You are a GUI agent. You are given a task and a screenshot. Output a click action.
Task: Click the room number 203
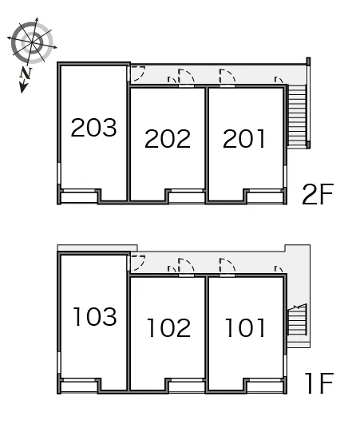pyautogui.click(x=93, y=128)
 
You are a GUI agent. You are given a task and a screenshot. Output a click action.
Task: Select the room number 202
pyautogui.click(x=168, y=139)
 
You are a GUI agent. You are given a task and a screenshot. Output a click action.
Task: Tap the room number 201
pyautogui.click(x=243, y=139)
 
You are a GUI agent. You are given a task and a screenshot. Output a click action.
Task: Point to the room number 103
pyautogui.click(x=95, y=316)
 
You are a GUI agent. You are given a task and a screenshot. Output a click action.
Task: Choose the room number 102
pyautogui.click(x=169, y=327)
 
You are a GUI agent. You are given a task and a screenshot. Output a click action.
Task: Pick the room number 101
pyautogui.click(x=245, y=327)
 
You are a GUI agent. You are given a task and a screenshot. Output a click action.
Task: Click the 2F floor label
pyautogui.click(x=318, y=194)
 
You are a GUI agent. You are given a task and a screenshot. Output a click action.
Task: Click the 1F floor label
pyautogui.click(x=319, y=383)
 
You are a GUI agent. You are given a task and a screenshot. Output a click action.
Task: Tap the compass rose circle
pyautogui.click(x=32, y=43)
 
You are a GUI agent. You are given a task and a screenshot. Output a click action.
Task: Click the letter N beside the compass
pyautogui.click(x=26, y=73)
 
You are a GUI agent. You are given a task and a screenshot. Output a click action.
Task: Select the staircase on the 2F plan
pyautogui.click(x=297, y=116)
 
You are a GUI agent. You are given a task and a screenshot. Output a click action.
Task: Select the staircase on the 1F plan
pyautogui.click(x=297, y=319)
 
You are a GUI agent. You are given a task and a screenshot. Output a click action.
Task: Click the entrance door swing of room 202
pyautogui.click(x=186, y=76)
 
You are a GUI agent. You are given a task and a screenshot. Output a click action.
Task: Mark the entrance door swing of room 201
pyautogui.click(x=227, y=76)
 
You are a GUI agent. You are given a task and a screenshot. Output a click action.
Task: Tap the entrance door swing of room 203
pyautogui.click(x=138, y=73)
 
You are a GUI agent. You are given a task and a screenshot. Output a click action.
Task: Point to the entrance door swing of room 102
pyautogui.click(x=186, y=266)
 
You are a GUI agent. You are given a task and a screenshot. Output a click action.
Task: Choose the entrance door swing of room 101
pyautogui.click(x=227, y=266)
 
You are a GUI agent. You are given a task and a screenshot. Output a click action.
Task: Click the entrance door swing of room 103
pyautogui.click(x=138, y=263)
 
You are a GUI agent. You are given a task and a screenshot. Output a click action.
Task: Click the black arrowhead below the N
pyautogui.click(x=23, y=88)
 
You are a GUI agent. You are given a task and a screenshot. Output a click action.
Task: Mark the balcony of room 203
pyautogui.click(x=79, y=197)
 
